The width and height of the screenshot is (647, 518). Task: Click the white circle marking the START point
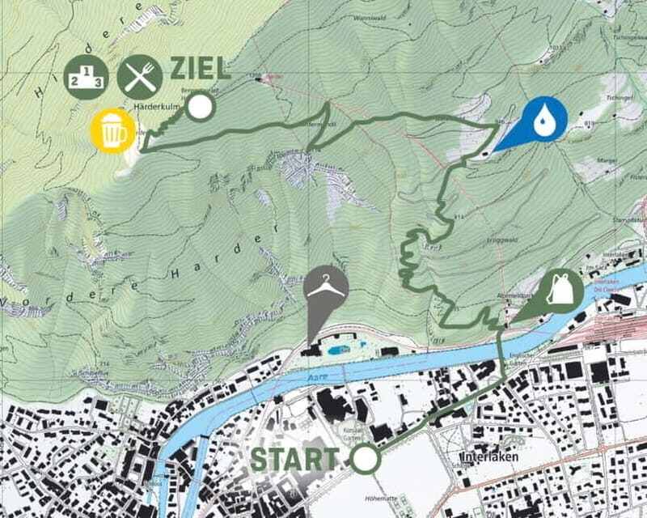[x=365, y=459]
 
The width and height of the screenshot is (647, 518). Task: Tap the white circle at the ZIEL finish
[x=200, y=108]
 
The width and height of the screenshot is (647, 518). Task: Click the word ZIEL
[x=200, y=69]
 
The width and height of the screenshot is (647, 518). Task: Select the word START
[x=294, y=459]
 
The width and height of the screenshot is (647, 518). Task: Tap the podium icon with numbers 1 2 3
[x=87, y=77]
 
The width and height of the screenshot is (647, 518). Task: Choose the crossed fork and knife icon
[x=140, y=77]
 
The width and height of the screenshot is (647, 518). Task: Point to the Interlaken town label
[x=491, y=457]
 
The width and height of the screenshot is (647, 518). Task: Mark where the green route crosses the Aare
[x=502, y=341]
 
